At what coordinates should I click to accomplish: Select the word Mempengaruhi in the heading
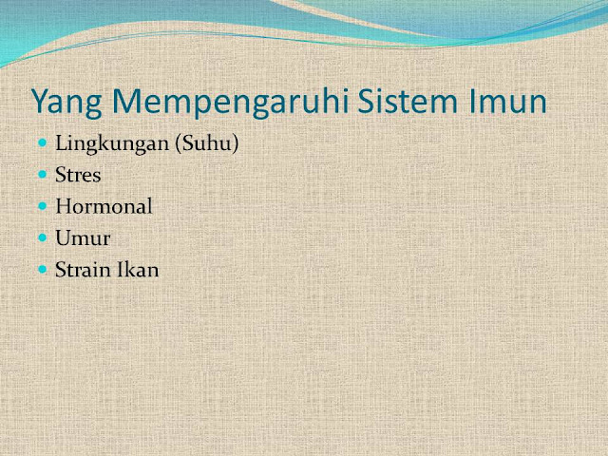[x=231, y=102]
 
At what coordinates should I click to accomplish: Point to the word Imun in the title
[x=508, y=101]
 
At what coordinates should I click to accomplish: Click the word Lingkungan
[x=112, y=143]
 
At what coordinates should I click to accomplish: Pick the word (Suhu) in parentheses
[x=207, y=143]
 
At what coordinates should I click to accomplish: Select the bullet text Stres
[x=78, y=175]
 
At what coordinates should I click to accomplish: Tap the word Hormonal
[x=104, y=206]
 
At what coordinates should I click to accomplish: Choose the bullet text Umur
[x=83, y=237]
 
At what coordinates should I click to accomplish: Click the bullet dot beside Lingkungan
[x=43, y=143]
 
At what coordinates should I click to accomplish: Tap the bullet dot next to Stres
[x=43, y=175]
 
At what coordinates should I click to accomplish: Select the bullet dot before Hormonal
[x=43, y=206]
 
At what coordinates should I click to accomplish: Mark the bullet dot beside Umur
[x=43, y=237]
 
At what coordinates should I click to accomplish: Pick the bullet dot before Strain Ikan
[x=43, y=269]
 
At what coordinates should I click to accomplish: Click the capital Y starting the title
[x=42, y=101]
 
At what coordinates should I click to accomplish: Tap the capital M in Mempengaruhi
[x=127, y=101]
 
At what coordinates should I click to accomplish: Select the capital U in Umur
[x=65, y=238]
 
